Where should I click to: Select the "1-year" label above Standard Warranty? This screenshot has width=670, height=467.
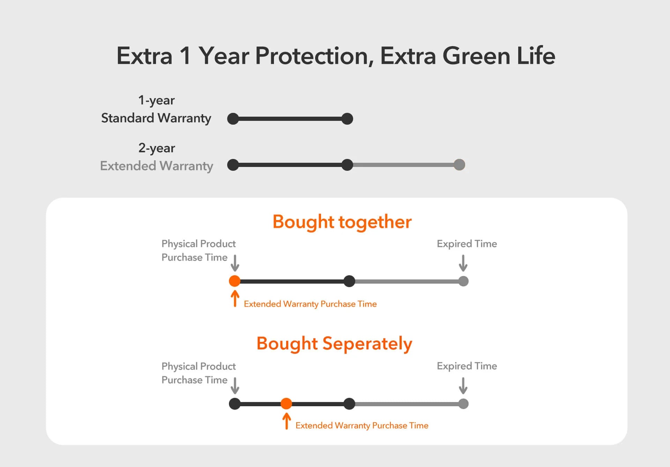156,100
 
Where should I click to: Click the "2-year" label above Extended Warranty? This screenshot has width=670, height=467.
157,148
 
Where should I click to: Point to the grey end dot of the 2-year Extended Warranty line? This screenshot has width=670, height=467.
459,165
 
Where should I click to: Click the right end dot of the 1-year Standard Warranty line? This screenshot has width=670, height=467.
347,119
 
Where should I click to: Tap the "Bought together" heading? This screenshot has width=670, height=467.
342,222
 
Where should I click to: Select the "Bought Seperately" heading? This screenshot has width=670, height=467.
334,344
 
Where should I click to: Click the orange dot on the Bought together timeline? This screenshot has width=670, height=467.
234,281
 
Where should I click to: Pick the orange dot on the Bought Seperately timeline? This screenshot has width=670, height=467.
286,403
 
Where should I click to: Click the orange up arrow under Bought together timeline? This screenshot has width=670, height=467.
235,299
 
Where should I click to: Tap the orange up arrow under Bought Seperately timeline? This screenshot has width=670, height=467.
286,421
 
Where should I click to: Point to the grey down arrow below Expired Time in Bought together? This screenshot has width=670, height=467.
463,263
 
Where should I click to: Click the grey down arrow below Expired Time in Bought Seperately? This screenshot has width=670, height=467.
463,386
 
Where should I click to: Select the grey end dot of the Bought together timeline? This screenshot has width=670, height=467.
463,281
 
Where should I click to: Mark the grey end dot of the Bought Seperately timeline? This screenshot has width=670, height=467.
463,403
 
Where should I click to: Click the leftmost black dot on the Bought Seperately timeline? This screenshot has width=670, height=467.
234,403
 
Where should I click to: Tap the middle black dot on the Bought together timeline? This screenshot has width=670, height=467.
349,281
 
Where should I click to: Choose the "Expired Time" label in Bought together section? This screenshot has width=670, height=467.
467,243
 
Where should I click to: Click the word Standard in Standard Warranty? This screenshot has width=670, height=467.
127,118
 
